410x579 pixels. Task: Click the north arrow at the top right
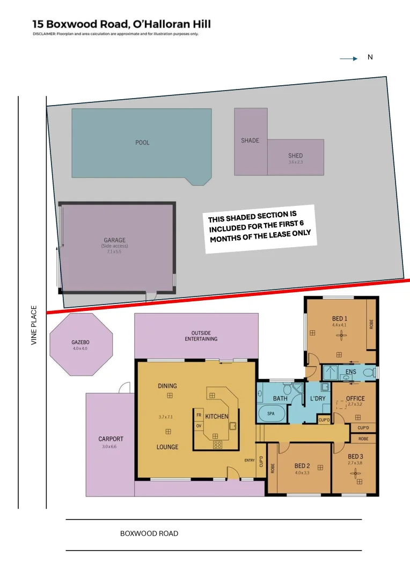(349, 60)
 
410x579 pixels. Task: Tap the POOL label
(142, 143)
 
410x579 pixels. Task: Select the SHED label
(296, 155)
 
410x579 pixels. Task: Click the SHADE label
(250, 140)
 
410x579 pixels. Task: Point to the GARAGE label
(114, 240)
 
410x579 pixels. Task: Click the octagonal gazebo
(81, 345)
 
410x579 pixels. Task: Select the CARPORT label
(111, 439)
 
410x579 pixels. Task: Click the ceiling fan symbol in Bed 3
(354, 473)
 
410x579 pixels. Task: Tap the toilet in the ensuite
(369, 372)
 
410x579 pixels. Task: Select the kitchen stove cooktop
(218, 444)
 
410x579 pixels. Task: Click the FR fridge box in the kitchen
(199, 415)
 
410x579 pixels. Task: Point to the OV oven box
(199, 426)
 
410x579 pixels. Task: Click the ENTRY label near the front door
(250, 461)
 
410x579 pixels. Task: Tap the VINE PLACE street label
(34, 325)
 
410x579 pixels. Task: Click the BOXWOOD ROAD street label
(149, 533)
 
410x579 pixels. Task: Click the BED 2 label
(302, 465)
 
